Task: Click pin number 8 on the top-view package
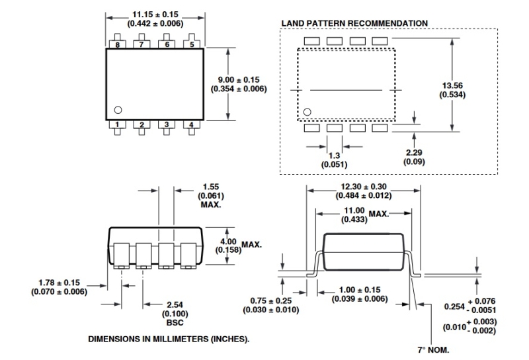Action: point(117,44)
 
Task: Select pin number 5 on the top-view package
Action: point(192,44)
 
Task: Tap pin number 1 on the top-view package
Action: point(117,124)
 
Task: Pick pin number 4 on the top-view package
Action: point(192,124)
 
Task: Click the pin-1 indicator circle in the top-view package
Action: point(118,110)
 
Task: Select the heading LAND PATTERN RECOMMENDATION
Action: point(354,23)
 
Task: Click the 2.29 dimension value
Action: point(414,152)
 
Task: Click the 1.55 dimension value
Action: point(211,187)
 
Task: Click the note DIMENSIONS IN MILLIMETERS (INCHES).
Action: point(169,339)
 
